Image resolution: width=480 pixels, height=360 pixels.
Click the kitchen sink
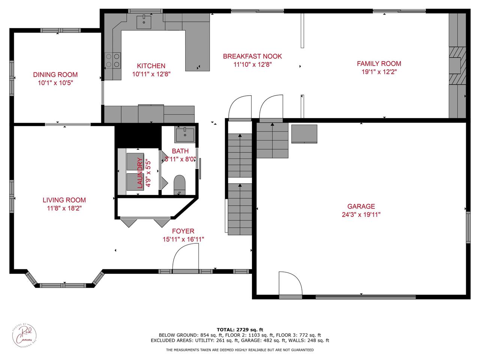[144, 22]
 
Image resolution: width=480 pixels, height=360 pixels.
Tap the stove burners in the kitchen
[112, 60]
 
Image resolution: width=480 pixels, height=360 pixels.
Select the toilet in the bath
[180, 185]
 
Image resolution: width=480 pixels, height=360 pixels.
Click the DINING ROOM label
[55, 75]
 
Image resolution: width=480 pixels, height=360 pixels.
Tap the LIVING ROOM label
[64, 200]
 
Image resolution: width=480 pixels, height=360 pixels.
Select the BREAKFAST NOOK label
[252, 56]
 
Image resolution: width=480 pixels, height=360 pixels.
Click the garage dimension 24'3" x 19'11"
[361, 214]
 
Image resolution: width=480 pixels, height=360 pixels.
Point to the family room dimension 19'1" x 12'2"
[379, 72]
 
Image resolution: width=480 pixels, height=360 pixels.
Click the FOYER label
[183, 231]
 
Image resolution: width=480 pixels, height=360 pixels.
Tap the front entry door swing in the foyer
[185, 257]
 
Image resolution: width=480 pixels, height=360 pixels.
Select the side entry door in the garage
[290, 285]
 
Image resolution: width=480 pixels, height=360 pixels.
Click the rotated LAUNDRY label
[140, 172]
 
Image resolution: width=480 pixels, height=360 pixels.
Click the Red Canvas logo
[26, 334]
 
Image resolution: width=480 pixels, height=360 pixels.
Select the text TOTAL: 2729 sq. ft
[240, 329]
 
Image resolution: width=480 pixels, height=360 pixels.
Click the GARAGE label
[361, 206]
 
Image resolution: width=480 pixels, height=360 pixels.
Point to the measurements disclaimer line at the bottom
[240, 350]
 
